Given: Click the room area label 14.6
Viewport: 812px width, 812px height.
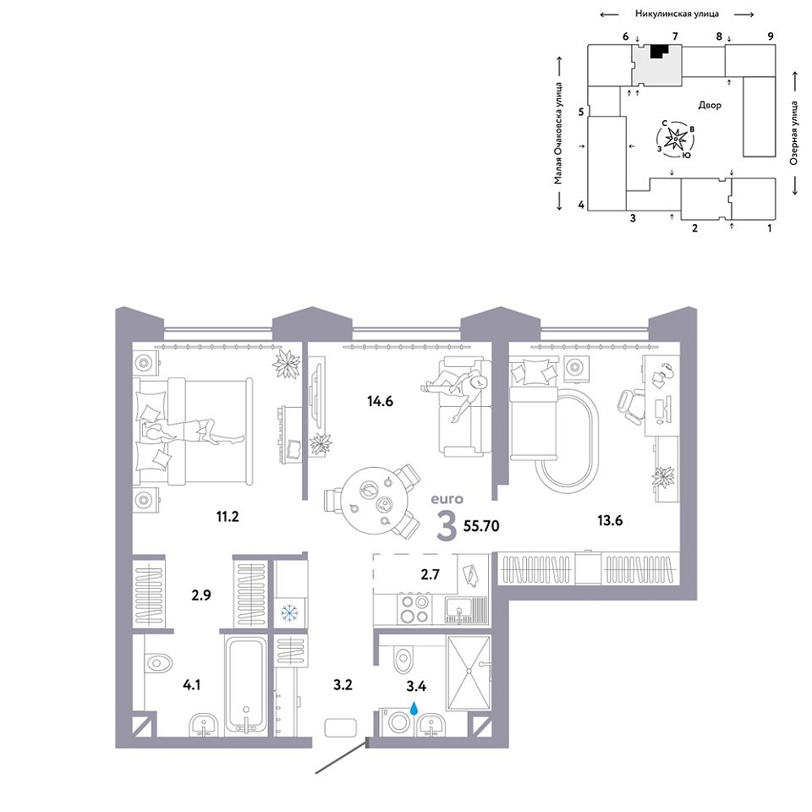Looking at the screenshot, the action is click(380, 401).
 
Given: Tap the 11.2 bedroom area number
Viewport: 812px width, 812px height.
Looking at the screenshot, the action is click(228, 516).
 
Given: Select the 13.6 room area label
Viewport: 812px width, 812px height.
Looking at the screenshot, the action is click(610, 520).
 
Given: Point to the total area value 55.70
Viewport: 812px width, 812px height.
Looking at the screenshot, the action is click(481, 526).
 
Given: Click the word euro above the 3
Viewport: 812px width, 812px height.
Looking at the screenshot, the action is click(447, 499).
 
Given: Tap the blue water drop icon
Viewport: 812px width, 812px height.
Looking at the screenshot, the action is click(414, 707).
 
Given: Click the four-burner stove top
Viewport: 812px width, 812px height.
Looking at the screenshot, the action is click(414, 609).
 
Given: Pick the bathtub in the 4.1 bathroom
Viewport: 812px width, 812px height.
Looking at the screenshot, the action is click(246, 685).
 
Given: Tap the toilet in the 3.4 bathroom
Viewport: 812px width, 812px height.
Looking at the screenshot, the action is click(403, 659).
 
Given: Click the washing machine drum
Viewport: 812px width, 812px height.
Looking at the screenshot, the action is click(399, 721).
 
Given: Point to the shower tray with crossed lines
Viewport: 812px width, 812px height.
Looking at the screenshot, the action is click(468, 672).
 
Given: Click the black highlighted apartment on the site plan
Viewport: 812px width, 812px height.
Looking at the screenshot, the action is click(658, 52).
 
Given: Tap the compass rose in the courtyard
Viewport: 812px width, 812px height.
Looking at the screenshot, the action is click(675, 139).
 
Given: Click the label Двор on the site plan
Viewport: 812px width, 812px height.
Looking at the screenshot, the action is click(710, 105).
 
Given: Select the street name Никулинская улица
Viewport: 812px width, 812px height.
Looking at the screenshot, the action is click(677, 14).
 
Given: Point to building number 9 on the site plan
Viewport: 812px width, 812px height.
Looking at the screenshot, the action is click(771, 36).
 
